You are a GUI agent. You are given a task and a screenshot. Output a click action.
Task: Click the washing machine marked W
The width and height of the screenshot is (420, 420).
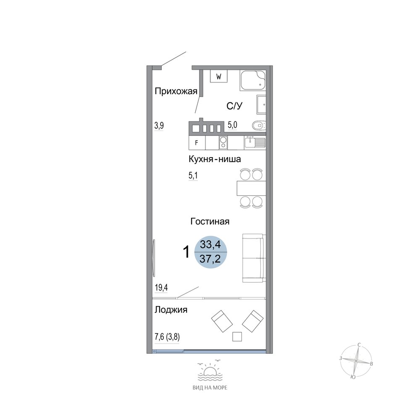(x=218, y=76)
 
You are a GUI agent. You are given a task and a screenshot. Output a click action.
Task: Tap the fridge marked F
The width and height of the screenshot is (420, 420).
(x=197, y=143)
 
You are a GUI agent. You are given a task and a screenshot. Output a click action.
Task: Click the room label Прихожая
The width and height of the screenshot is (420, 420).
(x=176, y=92)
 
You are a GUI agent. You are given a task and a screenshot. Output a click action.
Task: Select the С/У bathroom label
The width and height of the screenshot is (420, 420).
(x=234, y=106)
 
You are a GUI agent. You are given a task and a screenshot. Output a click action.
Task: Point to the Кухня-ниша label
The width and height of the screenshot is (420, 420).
(x=215, y=159)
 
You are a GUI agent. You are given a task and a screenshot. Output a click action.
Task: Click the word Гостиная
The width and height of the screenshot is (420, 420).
(x=210, y=221)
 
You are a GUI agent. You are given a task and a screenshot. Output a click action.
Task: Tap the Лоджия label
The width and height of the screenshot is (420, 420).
(x=171, y=310)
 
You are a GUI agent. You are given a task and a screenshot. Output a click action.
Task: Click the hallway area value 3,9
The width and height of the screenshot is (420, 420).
(x=159, y=126)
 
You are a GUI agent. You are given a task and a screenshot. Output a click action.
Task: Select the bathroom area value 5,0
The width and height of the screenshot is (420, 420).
(x=233, y=125)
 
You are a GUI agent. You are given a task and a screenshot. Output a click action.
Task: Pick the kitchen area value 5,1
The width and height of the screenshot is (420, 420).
(x=193, y=176)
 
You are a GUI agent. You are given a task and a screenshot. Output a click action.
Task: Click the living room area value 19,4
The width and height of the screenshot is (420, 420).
(x=161, y=288)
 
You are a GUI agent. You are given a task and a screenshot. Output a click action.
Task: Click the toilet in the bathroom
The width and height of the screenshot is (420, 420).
(x=259, y=125)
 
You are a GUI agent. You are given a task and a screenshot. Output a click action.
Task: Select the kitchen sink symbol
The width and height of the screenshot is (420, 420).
(x=255, y=143)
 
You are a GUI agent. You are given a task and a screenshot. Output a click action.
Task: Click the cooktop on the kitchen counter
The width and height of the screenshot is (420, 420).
(x=223, y=143)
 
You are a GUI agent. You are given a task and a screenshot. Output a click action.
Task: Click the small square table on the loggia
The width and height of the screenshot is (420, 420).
(x=237, y=336)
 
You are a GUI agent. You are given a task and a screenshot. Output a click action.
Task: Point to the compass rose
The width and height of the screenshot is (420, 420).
(x=356, y=361)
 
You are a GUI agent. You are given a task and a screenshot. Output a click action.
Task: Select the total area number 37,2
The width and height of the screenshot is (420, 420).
(x=210, y=259)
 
